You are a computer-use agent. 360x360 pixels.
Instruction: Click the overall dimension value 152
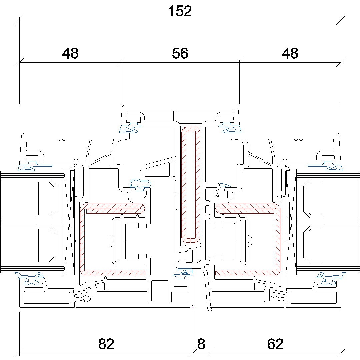tap(180, 11)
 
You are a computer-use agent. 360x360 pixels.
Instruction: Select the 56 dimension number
tap(180, 53)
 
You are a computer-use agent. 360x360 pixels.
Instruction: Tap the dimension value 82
tap(106, 344)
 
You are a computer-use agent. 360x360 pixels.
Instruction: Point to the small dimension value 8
tap(201, 344)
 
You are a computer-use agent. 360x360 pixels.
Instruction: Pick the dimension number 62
tap(275, 344)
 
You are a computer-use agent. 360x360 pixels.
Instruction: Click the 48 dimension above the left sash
tap(70, 53)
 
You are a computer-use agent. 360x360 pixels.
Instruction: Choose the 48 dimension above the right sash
tap(290, 53)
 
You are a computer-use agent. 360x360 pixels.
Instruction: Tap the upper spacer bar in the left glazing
tap(46, 198)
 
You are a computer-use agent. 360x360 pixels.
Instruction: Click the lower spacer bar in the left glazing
tap(46, 245)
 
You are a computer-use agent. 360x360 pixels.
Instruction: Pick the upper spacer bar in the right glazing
tap(314, 198)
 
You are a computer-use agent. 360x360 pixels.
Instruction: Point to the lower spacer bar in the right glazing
tap(314, 245)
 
